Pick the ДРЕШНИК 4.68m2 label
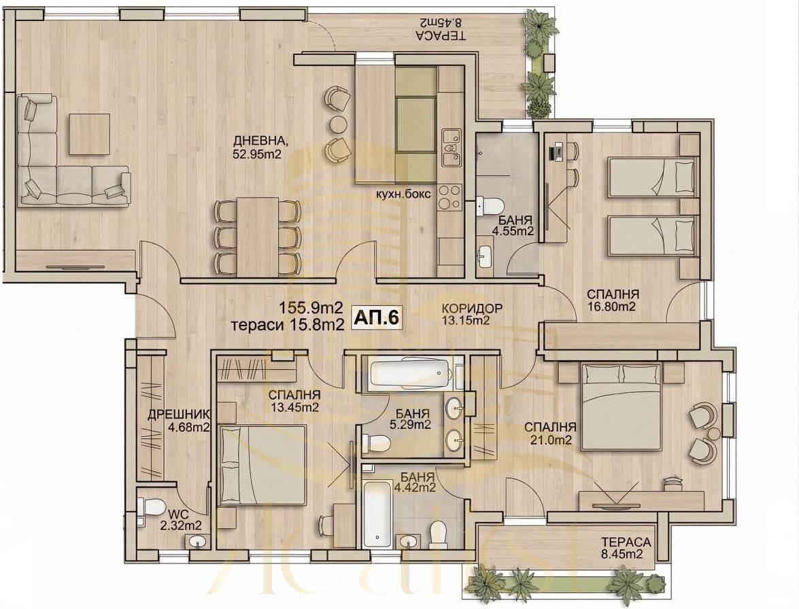coord(179,421)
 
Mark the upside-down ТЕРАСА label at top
coord(440,29)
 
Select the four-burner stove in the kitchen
coord(449,197)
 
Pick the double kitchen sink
coord(449,150)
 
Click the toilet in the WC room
coord(148,508)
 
